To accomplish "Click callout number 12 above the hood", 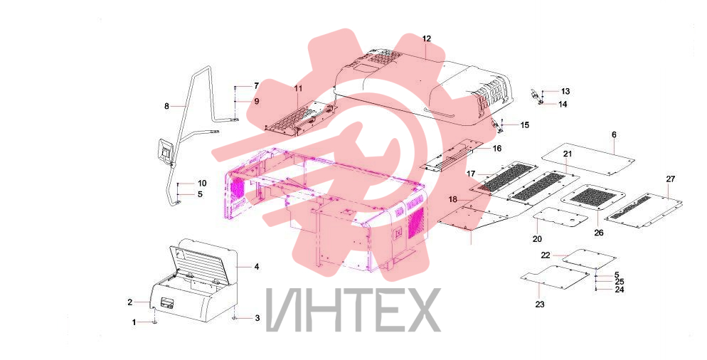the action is coord(427,39).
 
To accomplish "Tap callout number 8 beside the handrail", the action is coord(167,107).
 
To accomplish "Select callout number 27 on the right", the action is coord(671,179).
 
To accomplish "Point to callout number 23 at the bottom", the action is coord(540,305).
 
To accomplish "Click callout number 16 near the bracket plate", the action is coord(497,149).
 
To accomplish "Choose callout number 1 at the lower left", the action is coord(134,322).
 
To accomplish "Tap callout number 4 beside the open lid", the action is coord(257,267).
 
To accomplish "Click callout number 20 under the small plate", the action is coord(537,239).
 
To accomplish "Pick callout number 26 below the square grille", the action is coord(599,233).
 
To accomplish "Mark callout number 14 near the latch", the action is coord(563,104).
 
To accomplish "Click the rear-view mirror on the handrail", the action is coord(165,150).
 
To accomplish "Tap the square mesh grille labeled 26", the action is coord(593,198).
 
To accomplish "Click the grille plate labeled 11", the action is coord(300,119).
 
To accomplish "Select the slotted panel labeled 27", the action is coord(644,211).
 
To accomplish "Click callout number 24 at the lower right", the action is coord(620,290).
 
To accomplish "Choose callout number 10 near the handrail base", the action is coord(202,183).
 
